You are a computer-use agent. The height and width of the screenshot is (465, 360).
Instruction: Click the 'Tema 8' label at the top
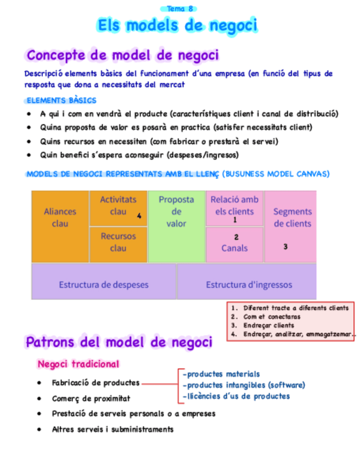pos(179,8)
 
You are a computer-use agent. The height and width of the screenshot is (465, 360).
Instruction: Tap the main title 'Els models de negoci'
pos(177,25)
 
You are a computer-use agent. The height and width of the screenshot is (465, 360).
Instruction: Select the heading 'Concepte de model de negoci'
pos(122,55)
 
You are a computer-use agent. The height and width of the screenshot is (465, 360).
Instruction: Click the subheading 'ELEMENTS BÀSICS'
pos(61,100)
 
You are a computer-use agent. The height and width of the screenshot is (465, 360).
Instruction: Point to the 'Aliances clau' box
pos(60,218)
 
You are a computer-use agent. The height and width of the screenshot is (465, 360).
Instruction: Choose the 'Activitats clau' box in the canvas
pos(118,206)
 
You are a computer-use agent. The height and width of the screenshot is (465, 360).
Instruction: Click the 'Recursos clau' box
pos(118,242)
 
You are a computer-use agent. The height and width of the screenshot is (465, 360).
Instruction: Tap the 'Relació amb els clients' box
pos(234,206)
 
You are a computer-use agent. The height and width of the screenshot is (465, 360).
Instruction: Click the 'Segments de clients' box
pos(292,218)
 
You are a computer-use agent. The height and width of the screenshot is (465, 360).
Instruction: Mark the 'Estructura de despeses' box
pos(104,285)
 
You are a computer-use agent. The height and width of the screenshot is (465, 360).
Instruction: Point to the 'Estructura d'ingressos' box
pos(249,285)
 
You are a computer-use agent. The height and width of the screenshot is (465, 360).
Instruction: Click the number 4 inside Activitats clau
pos(139,216)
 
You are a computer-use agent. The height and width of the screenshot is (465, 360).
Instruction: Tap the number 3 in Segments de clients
pos(285,247)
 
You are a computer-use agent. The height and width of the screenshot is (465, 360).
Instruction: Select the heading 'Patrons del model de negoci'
pos(119,342)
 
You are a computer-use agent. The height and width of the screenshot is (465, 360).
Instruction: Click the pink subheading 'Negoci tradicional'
pos(78,364)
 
